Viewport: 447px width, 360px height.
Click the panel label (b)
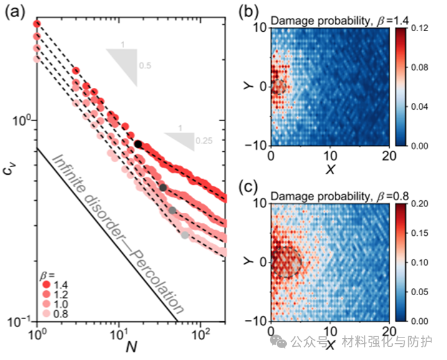[x=247, y=11]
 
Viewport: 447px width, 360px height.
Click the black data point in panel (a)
[x=138, y=144]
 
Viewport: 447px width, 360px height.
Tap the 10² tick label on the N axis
[x=201, y=331]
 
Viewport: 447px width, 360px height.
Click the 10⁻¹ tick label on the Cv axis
[x=22, y=321]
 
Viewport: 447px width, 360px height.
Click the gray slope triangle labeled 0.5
[x=125, y=62]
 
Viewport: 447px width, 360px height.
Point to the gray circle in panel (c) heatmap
[x=286, y=261]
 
